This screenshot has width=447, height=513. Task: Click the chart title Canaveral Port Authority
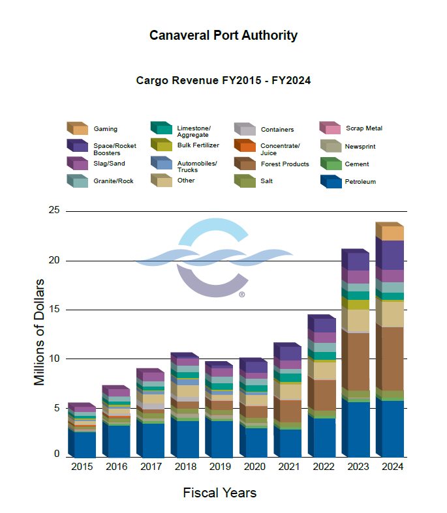click(223, 35)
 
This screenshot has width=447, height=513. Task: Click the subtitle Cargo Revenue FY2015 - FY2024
click(223, 81)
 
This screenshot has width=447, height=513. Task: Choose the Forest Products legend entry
click(285, 164)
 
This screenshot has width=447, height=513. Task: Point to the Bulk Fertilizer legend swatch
click(161, 145)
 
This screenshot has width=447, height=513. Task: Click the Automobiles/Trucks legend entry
click(196, 167)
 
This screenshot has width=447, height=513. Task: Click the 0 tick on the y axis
click(56, 454)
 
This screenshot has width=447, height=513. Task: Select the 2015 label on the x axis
click(82, 467)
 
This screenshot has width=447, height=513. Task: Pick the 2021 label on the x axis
click(287, 467)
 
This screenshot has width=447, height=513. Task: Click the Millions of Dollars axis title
click(39, 332)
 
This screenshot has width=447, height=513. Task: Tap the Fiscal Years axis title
click(219, 493)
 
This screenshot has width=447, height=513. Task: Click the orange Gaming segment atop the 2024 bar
click(393, 233)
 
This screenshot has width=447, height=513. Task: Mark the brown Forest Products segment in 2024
click(393, 358)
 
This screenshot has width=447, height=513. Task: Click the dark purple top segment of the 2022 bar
click(324, 325)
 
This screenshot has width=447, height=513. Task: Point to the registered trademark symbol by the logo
click(241, 295)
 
